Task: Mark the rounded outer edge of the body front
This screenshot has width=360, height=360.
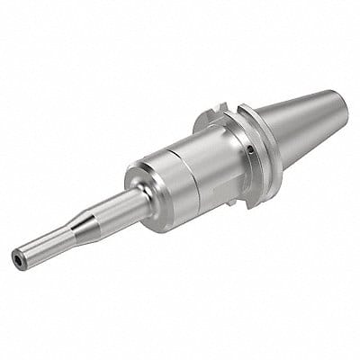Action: (x=134, y=171)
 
